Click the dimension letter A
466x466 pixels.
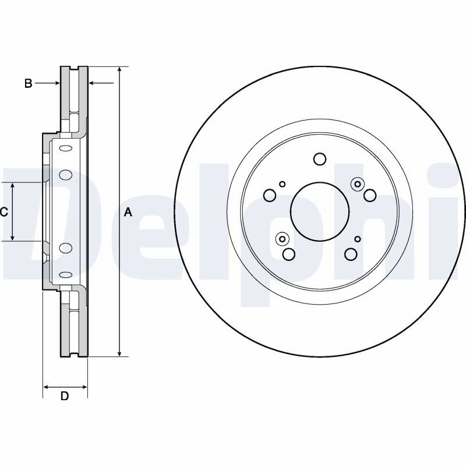(x=128, y=212)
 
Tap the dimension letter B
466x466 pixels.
(x=28, y=83)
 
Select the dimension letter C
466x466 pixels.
(x=4, y=212)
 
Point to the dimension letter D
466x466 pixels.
(x=65, y=396)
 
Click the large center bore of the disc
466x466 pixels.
(x=320, y=211)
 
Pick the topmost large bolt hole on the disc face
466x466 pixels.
(x=320, y=159)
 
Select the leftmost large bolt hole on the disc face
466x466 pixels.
(x=270, y=195)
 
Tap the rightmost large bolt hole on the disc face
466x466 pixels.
(x=370, y=195)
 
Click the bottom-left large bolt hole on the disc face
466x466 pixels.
(x=289, y=254)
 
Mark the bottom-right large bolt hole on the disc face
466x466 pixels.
(x=351, y=254)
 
